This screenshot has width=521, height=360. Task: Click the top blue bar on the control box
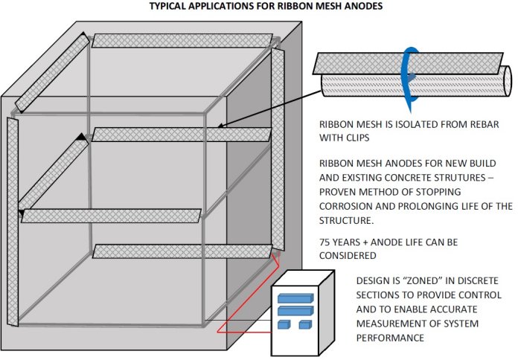tap(295, 298)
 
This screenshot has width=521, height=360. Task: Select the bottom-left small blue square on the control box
tap(284, 325)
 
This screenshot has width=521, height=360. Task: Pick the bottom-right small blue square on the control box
tap(304, 325)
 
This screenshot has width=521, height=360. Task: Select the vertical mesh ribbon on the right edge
tap(278, 149)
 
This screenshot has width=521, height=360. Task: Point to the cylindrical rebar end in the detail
tap(505, 79)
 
